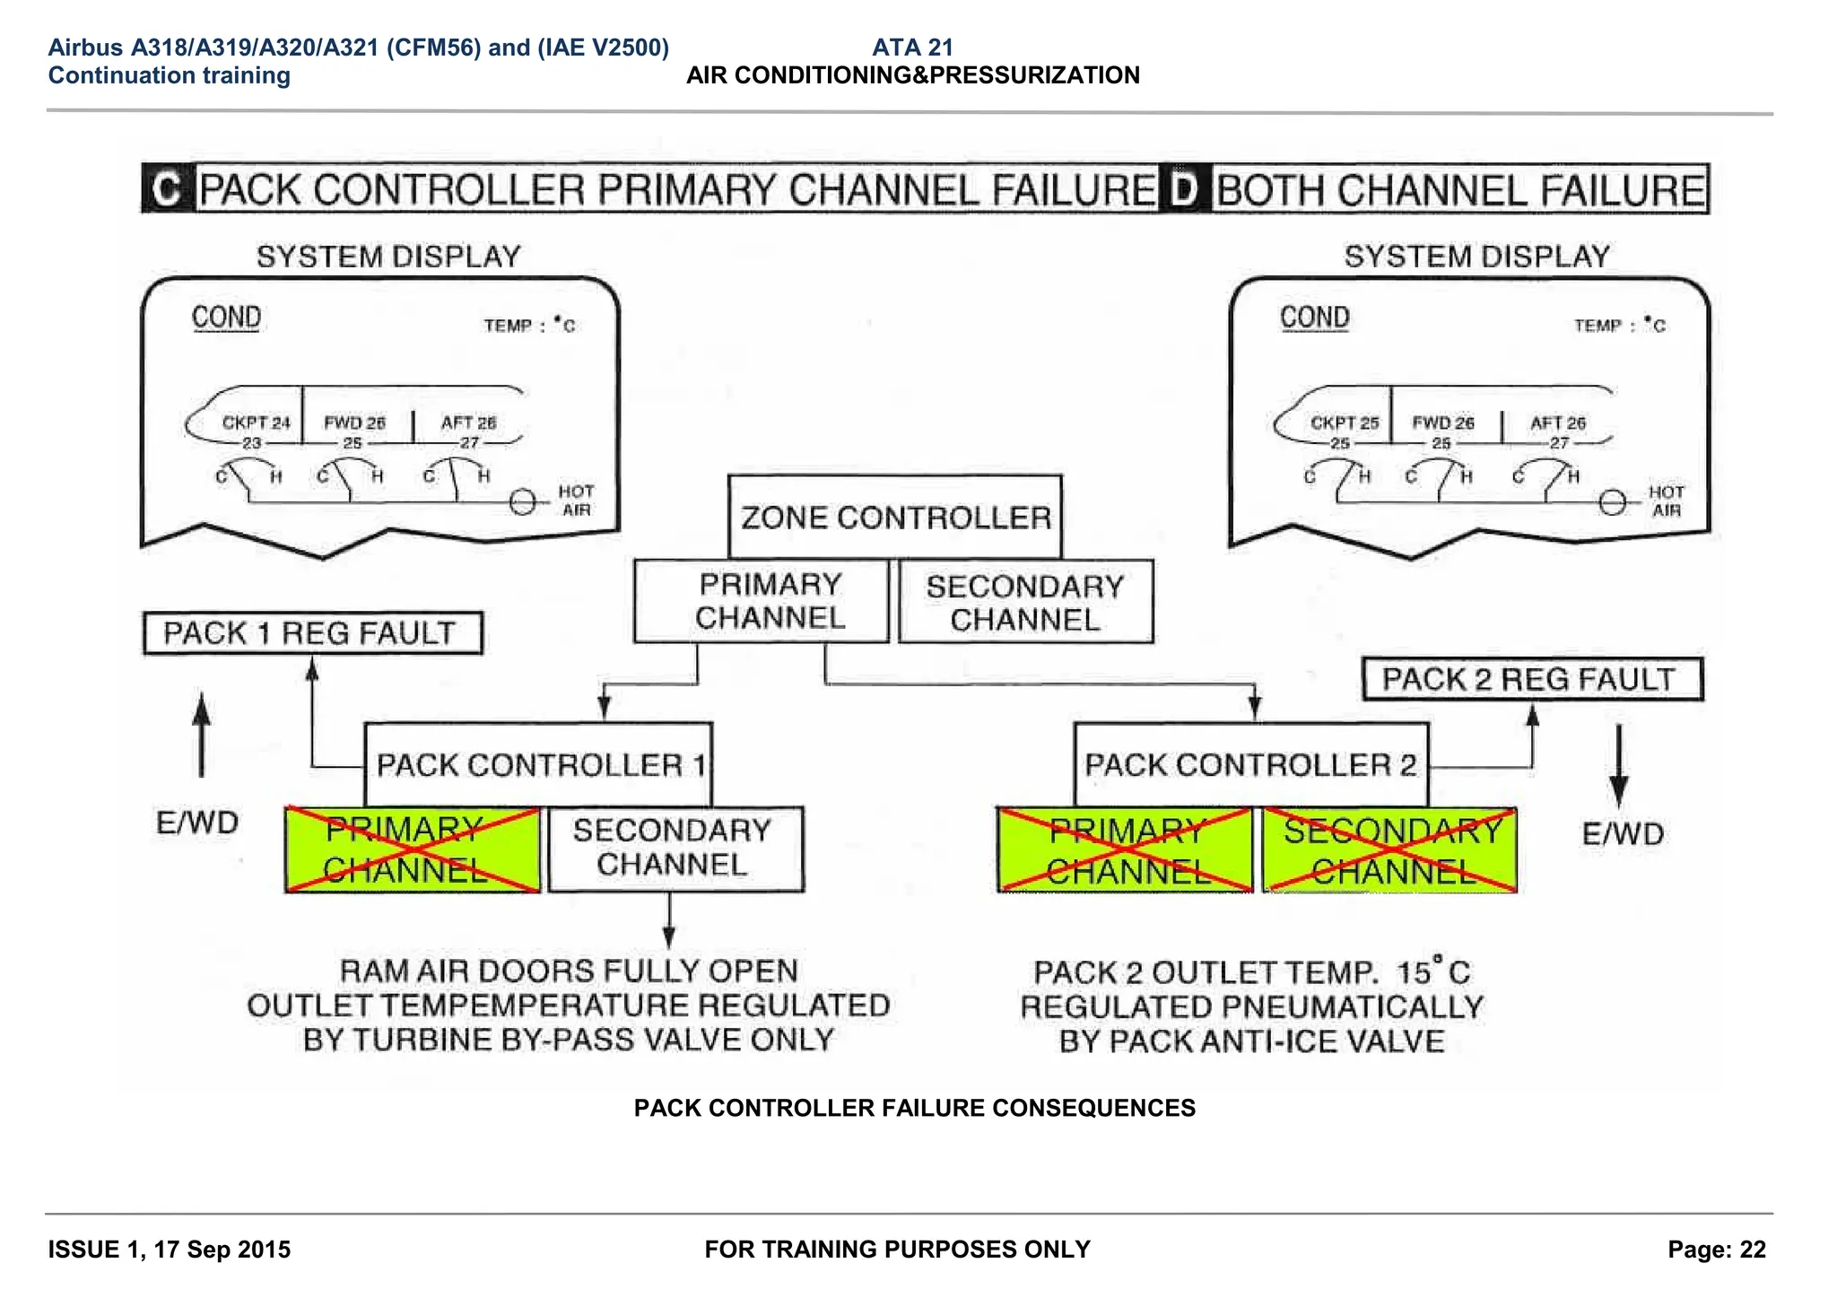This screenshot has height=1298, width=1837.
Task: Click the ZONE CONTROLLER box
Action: [x=895, y=517]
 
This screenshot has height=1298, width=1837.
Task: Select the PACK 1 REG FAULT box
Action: [x=312, y=633]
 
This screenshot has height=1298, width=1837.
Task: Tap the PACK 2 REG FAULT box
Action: [x=1531, y=679]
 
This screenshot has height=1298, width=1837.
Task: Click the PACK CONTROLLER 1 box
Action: [x=538, y=765]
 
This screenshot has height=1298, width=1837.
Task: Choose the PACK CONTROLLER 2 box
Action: [x=1250, y=765]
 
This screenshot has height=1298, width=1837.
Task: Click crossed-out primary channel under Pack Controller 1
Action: [x=413, y=849]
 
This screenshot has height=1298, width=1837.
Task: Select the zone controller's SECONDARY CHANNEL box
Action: [x=1025, y=602]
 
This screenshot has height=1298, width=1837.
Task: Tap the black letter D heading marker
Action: [x=1185, y=189]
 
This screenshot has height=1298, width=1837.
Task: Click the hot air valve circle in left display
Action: [x=523, y=502]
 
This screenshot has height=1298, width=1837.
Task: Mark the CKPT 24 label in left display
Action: [x=256, y=423]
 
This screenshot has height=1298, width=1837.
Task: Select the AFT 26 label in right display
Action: [x=1557, y=423]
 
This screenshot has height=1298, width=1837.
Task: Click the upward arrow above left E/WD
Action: [x=202, y=735]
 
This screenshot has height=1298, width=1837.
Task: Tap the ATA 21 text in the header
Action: [x=912, y=48]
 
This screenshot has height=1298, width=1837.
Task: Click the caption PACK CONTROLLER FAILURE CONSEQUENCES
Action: [x=914, y=1108]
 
